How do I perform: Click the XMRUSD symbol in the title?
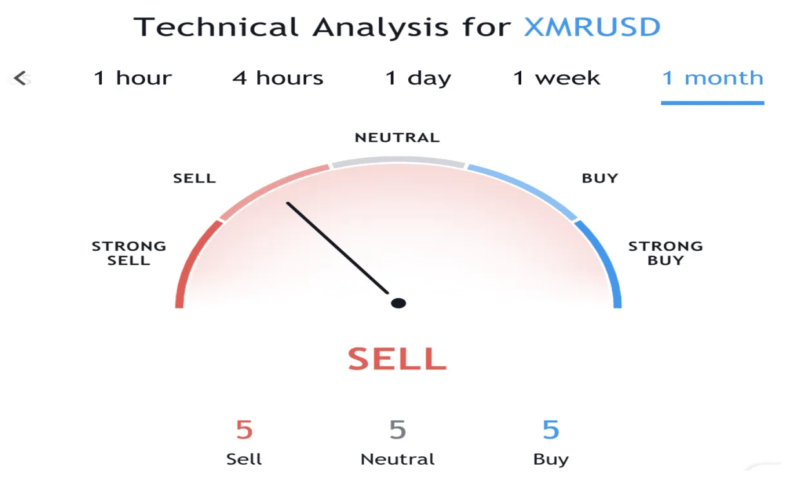pos(592,27)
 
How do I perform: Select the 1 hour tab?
pos(133,79)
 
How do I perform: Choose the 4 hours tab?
pos(278,79)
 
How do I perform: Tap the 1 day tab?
pos(418,79)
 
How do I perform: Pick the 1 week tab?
pos(557,79)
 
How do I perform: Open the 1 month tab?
pos(712,79)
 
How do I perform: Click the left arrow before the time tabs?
pos(21,79)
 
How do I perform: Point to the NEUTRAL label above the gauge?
pos(397,137)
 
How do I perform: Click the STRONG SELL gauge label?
pos(129,253)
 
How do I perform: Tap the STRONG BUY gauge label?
pos(665,253)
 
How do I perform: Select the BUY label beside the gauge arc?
pos(600,178)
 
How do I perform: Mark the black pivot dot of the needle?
pos(399,303)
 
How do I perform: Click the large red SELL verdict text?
pos(397,359)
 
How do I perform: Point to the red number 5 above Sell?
pos(244,429)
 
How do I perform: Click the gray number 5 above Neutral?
pos(397,429)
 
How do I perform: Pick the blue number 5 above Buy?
pos(551,429)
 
